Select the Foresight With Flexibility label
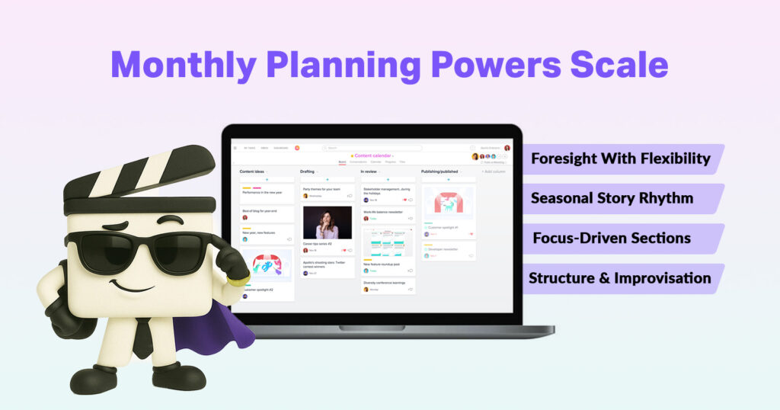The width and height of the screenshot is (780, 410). coord(620,159)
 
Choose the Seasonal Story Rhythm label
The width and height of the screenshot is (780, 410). coord(612,198)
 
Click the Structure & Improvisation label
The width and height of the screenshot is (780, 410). coord(620,278)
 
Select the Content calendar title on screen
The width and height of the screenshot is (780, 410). coord(372,155)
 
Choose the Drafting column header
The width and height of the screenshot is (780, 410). coord(308,171)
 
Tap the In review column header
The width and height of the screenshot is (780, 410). coord(369,171)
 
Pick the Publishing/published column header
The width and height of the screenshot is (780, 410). coord(440,171)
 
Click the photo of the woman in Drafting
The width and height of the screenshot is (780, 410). coord(328,223)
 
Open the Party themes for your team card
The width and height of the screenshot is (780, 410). coord(327,192)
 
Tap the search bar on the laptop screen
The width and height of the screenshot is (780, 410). coord(372,148)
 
